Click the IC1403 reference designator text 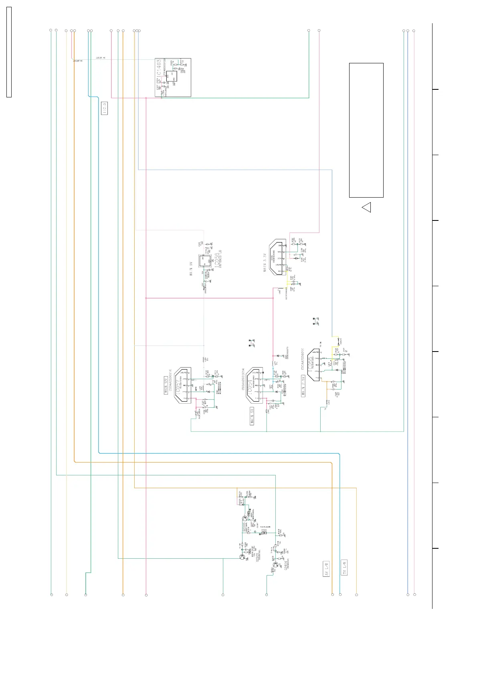point(159,68)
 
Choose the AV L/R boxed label point(326,569)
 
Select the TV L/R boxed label point(344,568)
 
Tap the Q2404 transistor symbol point(275,565)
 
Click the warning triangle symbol point(367,207)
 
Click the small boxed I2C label point(104,108)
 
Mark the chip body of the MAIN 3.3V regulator point(278,257)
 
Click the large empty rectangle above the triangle point(366,130)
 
